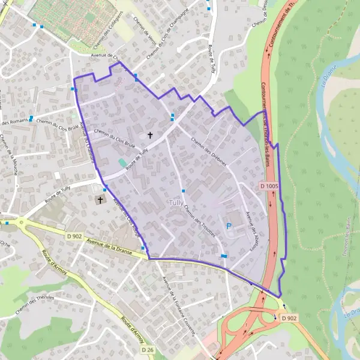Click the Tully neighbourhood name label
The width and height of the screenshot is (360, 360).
tap(176, 203)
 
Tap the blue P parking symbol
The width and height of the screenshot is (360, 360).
tap(228, 226)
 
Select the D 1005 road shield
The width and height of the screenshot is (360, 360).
tap(270, 187)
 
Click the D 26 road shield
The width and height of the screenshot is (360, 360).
tap(148, 349)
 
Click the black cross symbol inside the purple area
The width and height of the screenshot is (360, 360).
tap(149, 136)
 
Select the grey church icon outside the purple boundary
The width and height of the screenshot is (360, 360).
tap(100, 200)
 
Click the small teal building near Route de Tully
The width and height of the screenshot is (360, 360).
tap(122, 163)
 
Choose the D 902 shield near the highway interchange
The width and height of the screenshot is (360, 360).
tap(289, 318)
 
